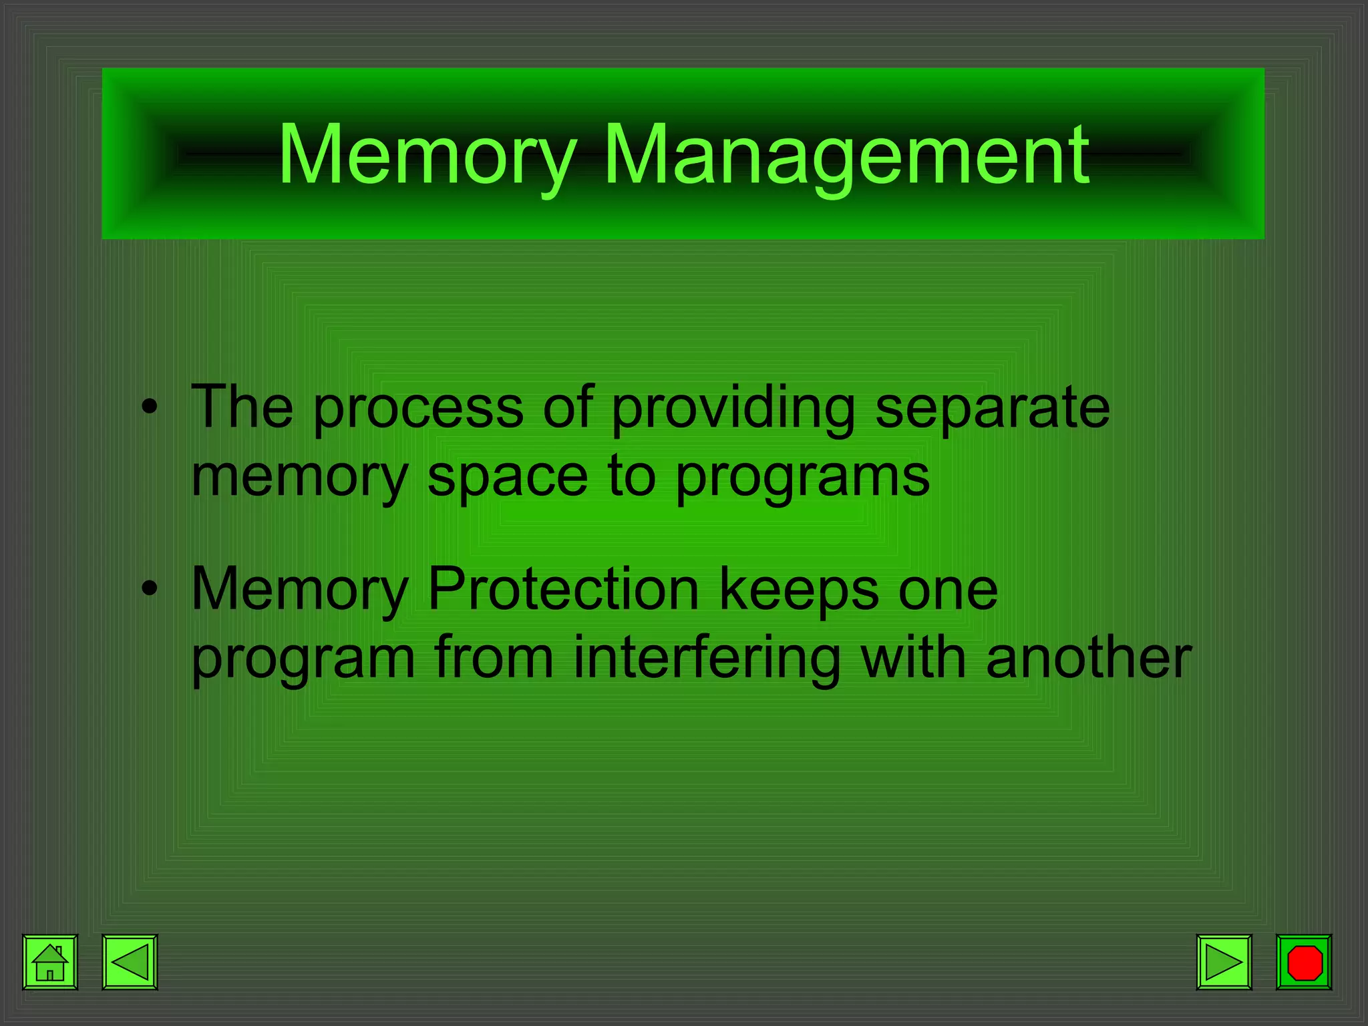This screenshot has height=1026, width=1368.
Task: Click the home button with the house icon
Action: pyautogui.click(x=50, y=962)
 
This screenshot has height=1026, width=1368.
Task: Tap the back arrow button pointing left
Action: pyautogui.click(x=130, y=962)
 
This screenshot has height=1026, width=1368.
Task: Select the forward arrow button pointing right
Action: pyautogui.click(x=1224, y=962)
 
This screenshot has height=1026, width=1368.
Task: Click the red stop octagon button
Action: pyautogui.click(x=1304, y=962)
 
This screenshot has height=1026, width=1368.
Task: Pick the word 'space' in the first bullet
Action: pyautogui.click(x=507, y=478)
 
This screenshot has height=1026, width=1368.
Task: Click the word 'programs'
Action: pyautogui.click(x=802, y=478)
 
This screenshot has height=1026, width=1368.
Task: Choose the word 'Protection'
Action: pyautogui.click(x=563, y=589)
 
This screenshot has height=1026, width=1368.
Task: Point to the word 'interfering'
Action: pyautogui.click(x=707, y=658)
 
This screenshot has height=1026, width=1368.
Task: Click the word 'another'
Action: pyautogui.click(x=1088, y=658)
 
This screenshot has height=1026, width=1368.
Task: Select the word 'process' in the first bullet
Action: pyautogui.click(x=418, y=409)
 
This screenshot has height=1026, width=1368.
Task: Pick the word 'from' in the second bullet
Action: pyautogui.click(x=494, y=658)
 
